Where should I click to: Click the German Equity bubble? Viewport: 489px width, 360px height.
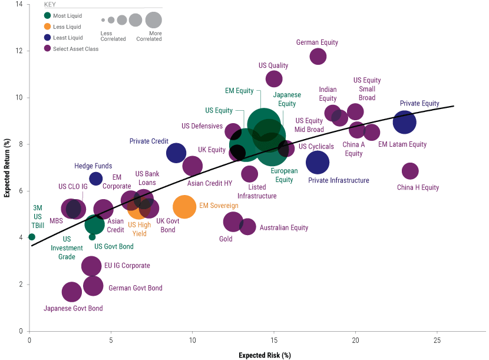[318, 57]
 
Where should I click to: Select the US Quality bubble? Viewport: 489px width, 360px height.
[274, 78]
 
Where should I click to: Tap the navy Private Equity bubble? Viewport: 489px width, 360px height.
[405, 122]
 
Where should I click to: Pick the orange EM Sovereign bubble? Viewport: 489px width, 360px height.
[184, 207]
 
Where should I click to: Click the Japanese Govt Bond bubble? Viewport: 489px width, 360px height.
[72, 292]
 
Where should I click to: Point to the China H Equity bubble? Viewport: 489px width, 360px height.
[410, 171]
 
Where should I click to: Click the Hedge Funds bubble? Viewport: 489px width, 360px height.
[96, 179]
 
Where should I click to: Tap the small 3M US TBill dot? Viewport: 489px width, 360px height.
[32, 237]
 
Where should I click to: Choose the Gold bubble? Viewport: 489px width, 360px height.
[233, 222]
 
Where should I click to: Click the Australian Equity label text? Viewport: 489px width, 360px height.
[284, 227]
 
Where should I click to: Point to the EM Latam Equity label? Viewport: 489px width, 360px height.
[402, 144]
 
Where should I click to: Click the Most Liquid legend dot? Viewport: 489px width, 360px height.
[47, 16]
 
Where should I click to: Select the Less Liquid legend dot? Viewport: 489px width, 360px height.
[47, 27]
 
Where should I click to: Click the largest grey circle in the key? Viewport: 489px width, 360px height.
[154, 20]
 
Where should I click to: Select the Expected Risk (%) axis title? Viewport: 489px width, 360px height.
[265, 355]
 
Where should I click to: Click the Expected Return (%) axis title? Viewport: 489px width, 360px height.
[7, 168]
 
